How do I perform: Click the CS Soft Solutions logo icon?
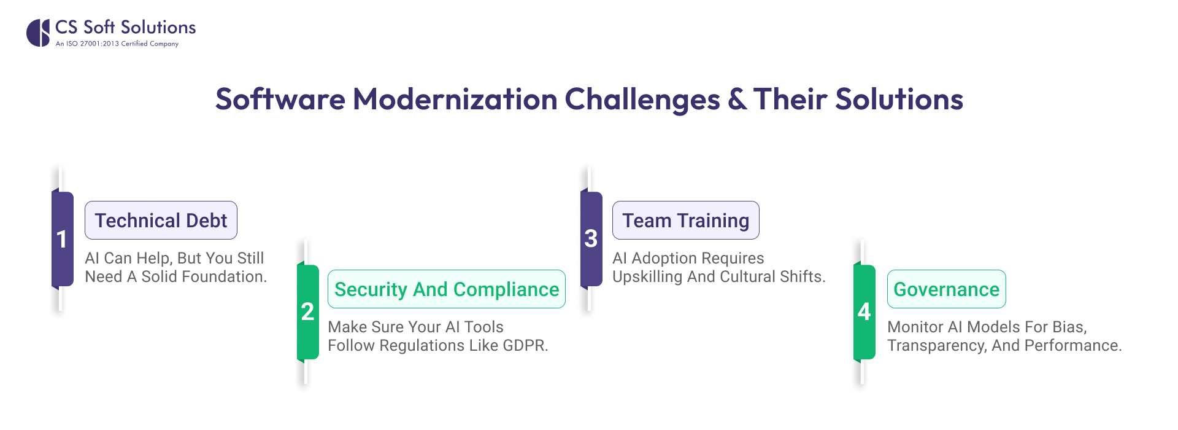[38, 33]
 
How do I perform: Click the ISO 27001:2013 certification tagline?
[117, 44]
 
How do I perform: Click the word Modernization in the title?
[455, 100]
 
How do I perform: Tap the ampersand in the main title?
[736, 100]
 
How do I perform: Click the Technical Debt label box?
[161, 221]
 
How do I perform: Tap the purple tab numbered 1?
[62, 239]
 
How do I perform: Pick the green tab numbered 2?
[307, 311]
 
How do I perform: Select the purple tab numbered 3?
[591, 238]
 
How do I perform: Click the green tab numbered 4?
[864, 311]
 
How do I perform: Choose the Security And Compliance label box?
[446, 289]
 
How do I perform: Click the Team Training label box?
[685, 221]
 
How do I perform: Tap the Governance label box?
[946, 289]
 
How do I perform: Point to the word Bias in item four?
[1069, 327]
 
